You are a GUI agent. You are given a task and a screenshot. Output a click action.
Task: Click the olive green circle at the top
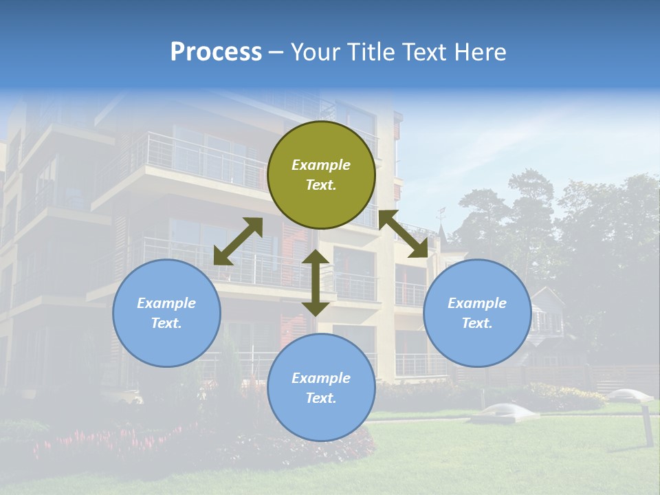(321, 175)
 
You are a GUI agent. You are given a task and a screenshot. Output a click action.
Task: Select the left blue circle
(166, 313)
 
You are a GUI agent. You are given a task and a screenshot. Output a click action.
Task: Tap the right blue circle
(477, 313)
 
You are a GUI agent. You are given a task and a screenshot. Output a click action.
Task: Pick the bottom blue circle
(321, 387)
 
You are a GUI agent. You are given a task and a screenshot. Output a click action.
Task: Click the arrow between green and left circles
(238, 241)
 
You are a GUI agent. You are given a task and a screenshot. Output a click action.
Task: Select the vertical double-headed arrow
(316, 283)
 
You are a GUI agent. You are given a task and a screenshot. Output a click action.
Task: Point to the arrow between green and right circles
(403, 234)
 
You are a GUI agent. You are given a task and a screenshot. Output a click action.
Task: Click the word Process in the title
(216, 52)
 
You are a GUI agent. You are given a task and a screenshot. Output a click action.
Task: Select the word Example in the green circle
(321, 165)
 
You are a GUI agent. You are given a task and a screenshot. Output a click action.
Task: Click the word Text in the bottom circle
(320, 398)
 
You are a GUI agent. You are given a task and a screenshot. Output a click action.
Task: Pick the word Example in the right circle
(477, 303)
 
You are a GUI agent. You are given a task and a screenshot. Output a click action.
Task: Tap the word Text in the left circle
(165, 323)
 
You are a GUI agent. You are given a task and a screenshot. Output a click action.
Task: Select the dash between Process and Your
(276, 52)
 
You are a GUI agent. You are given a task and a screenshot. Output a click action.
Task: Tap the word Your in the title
(316, 52)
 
